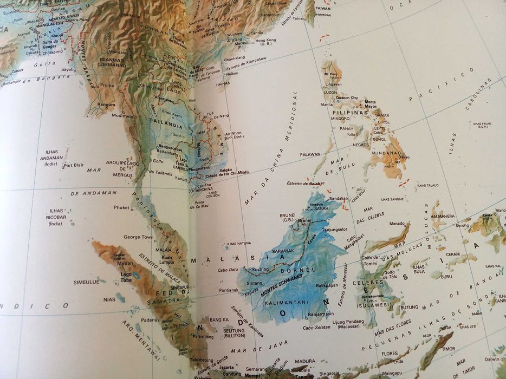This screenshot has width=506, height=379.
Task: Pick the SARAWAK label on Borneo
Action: coord(282,251)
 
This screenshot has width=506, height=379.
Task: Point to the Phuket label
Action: coord(122,207)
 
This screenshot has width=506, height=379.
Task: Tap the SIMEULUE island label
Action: coord(86,282)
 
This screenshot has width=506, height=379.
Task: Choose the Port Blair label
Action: coord(73,165)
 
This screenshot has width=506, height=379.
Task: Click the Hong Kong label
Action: coord(265,40)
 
